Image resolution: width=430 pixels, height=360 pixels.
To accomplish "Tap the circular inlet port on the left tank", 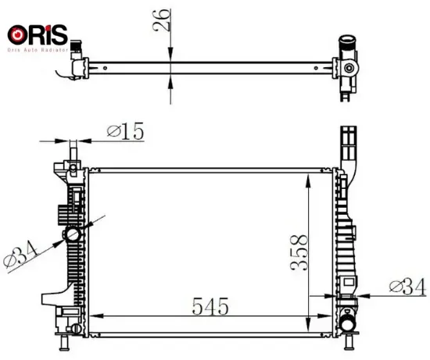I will (x=73, y=234).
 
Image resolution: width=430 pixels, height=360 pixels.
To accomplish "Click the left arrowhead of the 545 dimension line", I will (x=96, y=316).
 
